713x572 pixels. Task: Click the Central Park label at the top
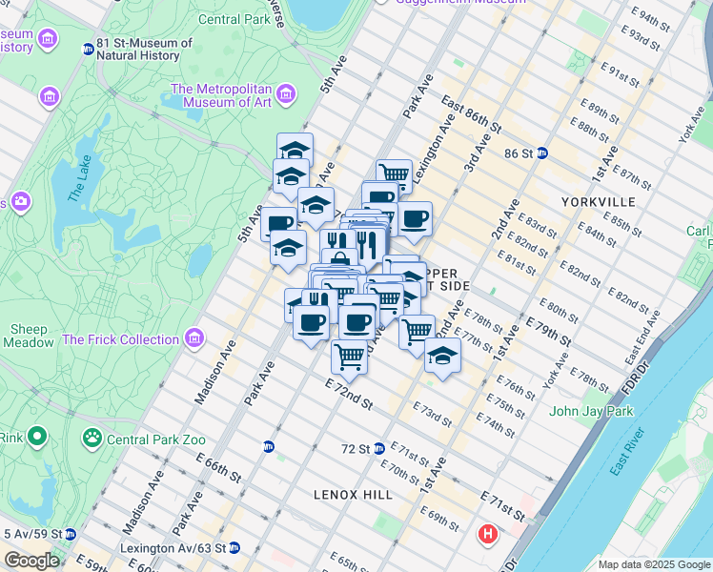click(x=234, y=19)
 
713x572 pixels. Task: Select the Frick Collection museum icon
click(x=194, y=338)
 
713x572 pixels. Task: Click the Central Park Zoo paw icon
click(x=92, y=439)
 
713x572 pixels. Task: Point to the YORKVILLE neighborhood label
click(x=598, y=202)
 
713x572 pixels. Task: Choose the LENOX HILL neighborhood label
click(x=353, y=495)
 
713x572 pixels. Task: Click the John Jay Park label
click(x=591, y=412)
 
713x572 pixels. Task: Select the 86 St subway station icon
click(x=542, y=153)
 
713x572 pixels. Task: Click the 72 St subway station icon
click(x=378, y=448)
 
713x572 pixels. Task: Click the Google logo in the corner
click(x=31, y=561)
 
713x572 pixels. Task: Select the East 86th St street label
click(x=471, y=112)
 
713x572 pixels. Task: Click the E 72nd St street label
click(x=347, y=396)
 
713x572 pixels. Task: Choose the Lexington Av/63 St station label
click(x=173, y=548)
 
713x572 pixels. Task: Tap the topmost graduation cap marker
click(x=295, y=150)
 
